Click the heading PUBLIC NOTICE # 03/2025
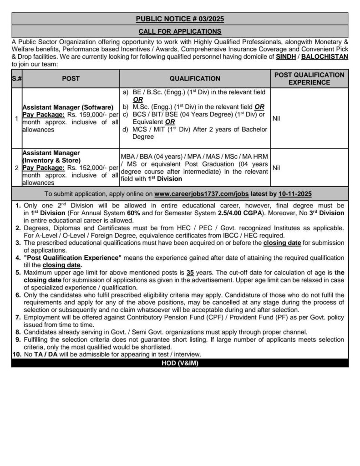(180, 19)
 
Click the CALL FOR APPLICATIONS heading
(180, 31)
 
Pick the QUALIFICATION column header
(195, 78)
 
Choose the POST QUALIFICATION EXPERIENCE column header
(309, 78)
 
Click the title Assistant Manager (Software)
(67, 108)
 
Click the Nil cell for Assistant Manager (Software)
(276, 118)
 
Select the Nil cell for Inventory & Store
(276, 167)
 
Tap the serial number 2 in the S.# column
(16, 167)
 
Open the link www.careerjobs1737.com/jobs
(201, 193)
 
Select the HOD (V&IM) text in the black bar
(180, 363)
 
